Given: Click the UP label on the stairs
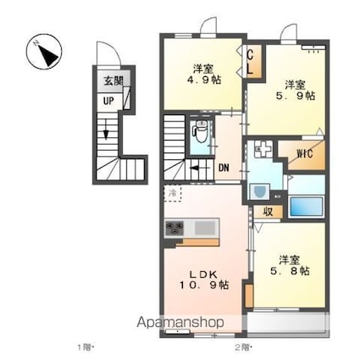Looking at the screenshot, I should point(109,100).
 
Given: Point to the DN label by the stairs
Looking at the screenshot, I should point(225,167).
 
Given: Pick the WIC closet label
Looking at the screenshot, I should point(306,154).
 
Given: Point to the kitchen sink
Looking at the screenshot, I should point(207,229).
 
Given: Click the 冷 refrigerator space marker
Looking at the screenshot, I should point(172,194).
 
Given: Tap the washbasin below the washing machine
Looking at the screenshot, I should point(260,193).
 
